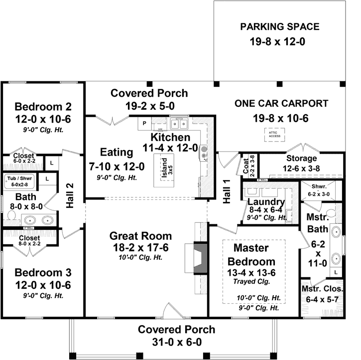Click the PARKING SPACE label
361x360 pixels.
[280, 27]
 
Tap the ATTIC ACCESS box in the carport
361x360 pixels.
[275, 134]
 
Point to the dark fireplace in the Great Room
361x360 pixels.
[199, 258]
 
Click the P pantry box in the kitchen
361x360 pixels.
[145, 123]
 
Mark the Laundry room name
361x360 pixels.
[266, 202]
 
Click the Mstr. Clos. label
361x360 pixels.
[322, 289]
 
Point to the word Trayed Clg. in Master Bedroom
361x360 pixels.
[254, 282]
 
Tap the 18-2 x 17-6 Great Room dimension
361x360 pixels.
[141, 248]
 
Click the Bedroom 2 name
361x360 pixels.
[43, 107]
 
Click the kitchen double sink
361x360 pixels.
[178, 123]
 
